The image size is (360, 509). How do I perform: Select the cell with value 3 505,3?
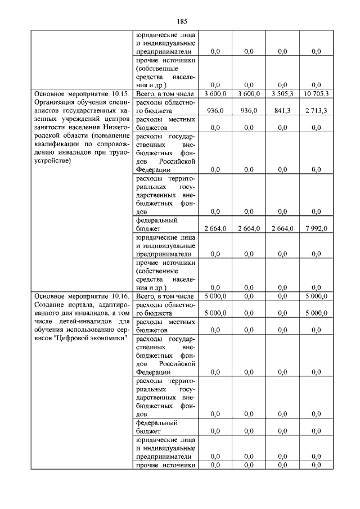pos(282,93)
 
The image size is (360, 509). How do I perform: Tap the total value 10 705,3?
pos(315,93)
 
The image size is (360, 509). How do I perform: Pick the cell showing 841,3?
pos(282,111)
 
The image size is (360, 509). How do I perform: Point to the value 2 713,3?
pos(315,111)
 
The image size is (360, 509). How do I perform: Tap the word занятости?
pos(51,129)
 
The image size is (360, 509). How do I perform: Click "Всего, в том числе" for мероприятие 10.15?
pos(165,93)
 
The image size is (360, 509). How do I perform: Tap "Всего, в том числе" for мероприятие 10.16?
pos(165,296)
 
